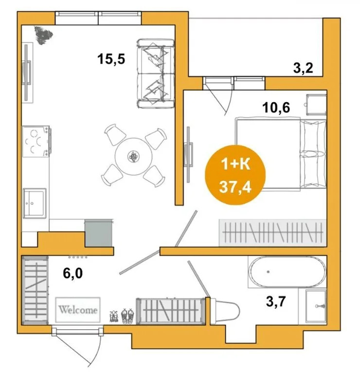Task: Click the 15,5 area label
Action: (x=111, y=59)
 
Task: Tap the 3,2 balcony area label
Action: (x=303, y=69)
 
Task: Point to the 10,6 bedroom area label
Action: (x=276, y=107)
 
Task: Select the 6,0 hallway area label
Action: (x=73, y=273)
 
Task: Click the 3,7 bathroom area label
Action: (x=276, y=301)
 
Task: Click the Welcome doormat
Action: (x=78, y=310)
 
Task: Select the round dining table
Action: (x=133, y=156)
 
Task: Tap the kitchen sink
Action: (x=35, y=203)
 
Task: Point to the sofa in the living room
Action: (x=156, y=74)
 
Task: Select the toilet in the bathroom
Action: (x=226, y=311)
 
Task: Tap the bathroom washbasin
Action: (x=316, y=306)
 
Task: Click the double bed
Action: (x=281, y=154)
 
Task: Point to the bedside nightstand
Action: (x=316, y=104)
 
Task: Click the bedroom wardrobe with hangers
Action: (x=272, y=233)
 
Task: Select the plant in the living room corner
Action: (x=43, y=35)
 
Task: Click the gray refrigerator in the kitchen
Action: (x=98, y=233)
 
